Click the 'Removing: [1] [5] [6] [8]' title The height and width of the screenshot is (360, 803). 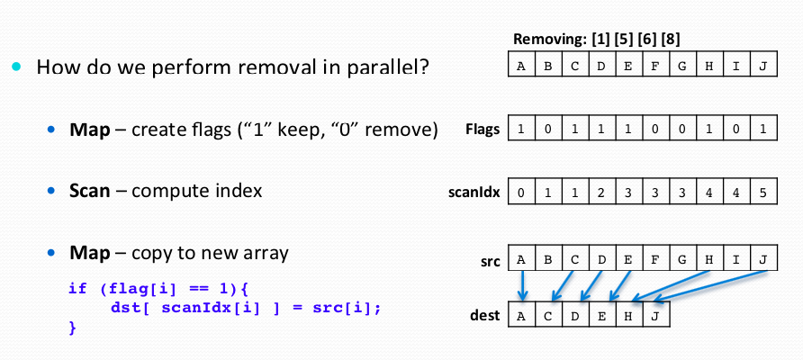[x=597, y=39]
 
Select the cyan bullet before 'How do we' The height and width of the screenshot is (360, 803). [x=17, y=66]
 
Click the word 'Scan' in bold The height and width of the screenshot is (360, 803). [x=90, y=192]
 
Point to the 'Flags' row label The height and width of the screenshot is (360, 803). [x=483, y=129]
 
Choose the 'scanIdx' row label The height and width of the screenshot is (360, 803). [x=474, y=193]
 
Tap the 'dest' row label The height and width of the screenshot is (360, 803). [x=484, y=315]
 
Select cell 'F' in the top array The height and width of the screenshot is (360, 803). [x=654, y=65]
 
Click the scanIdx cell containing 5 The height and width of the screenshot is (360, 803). [x=763, y=192]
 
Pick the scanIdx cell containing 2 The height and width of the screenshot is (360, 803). [x=601, y=192]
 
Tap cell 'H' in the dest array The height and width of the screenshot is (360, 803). [x=629, y=315]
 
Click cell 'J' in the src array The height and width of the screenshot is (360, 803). [x=763, y=258]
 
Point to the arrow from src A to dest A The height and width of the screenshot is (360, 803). [x=522, y=285]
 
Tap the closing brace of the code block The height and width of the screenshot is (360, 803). [x=72, y=328]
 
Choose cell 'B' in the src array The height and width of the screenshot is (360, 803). [x=547, y=258]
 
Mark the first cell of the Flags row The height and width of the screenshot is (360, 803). [x=521, y=129]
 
